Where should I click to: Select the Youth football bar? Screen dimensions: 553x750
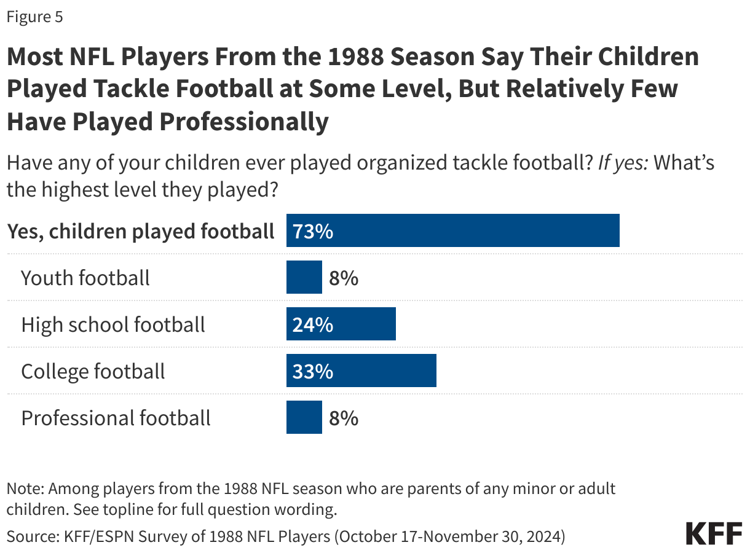[304, 277]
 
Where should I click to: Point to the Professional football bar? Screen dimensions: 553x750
[304, 417]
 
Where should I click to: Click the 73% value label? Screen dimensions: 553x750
[313, 231]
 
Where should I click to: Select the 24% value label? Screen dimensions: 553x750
[313, 324]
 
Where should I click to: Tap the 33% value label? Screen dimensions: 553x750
[313, 371]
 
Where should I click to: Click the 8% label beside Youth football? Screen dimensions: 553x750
[343, 278]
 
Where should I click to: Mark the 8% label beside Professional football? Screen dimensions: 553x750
[343, 418]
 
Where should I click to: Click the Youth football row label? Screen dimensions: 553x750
[85, 278]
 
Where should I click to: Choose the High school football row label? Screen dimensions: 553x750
[113, 324]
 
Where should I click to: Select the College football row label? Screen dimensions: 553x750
[93, 371]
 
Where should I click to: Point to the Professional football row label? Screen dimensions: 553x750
[116, 418]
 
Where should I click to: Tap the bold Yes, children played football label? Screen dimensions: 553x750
[140, 231]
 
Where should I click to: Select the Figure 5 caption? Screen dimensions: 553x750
[34, 17]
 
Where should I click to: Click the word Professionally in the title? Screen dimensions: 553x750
[244, 122]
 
